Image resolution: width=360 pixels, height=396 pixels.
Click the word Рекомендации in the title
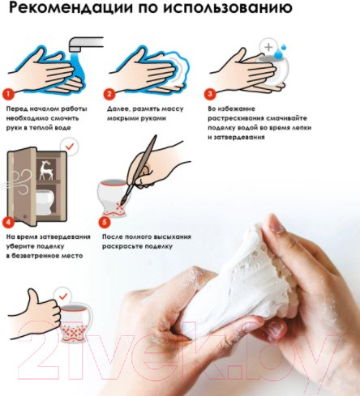point(71,8)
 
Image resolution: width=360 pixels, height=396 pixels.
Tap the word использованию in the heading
point(228,8)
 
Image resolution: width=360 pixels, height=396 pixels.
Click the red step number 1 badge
point(8,94)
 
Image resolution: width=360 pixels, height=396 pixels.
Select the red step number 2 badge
point(109,94)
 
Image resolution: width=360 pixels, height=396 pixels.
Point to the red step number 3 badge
point(210,94)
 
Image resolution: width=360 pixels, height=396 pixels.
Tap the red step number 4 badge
point(9,223)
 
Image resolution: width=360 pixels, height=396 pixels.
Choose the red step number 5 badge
point(105,223)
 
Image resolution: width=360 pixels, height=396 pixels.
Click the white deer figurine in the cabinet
point(46,170)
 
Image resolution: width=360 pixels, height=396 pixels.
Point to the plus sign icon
point(268,47)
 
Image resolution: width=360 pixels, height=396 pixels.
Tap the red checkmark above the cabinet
point(70,147)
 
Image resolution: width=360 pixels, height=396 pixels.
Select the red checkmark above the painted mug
point(63,296)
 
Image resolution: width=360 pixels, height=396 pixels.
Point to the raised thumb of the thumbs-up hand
point(33,296)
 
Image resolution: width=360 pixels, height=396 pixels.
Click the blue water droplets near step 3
point(280,52)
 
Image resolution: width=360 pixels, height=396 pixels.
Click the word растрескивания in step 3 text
point(237,118)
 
